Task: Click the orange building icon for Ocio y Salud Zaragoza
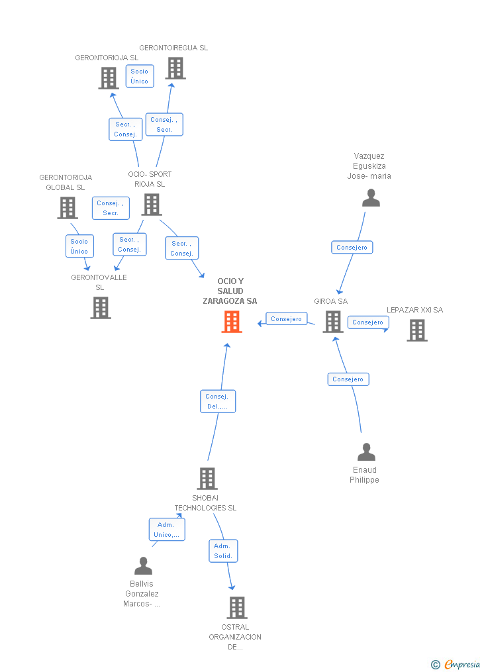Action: (231, 322)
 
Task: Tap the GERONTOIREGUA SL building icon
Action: (175, 68)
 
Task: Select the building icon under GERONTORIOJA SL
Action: (108, 78)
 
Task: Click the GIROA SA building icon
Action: (332, 322)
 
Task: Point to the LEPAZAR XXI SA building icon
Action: (417, 330)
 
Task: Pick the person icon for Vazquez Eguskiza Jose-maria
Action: (371, 198)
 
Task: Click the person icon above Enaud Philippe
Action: (366, 452)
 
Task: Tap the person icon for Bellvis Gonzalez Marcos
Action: (143, 566)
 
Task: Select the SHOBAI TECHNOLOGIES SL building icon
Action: (207, 478)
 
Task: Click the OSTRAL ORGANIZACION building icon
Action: (236, 607)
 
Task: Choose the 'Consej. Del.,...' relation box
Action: (218, 401)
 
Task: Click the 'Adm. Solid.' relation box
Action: (223, 551)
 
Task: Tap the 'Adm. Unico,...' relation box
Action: (166, 530)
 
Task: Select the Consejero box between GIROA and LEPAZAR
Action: (368, 322)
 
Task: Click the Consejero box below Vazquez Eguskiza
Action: (352, 247)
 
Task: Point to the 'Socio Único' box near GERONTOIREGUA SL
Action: (140, 76)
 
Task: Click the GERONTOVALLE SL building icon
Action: (101, 308)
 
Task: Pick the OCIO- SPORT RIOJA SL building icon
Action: (152, 205)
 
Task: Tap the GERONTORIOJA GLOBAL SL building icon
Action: (68, 208)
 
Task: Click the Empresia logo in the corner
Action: (456, 664)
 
